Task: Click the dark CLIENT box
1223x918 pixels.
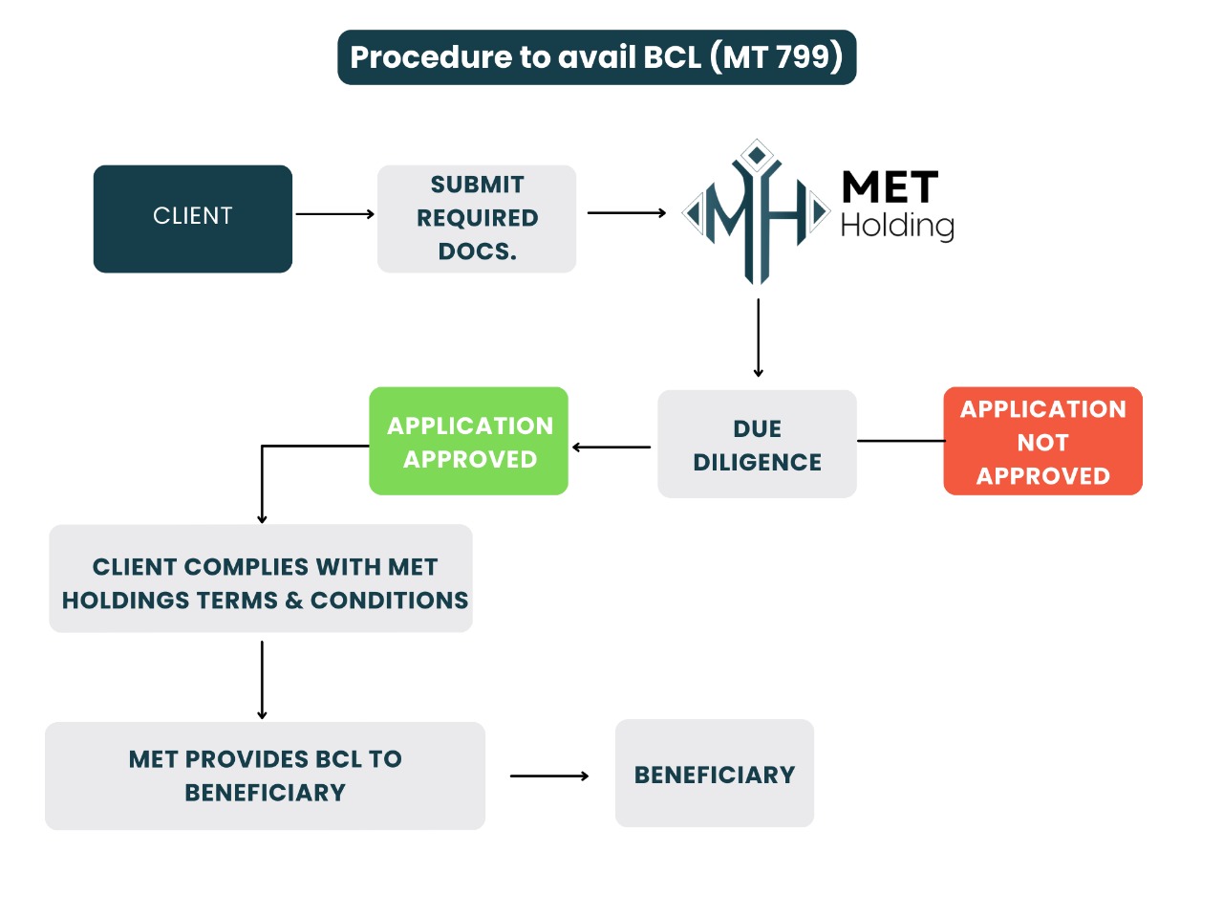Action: coord(193,219)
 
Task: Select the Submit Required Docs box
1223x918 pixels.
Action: coord(477,219)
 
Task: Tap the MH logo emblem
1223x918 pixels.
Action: coord(756,212)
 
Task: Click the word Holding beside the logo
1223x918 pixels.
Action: coord(897,227)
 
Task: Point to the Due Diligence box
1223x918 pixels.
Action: coord(757,445)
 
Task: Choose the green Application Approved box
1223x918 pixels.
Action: coord(469,442)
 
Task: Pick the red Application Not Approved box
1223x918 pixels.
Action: coord(1042,442)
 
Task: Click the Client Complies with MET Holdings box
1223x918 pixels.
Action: coord(261,579)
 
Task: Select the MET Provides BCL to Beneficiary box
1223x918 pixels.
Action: coord(265,776)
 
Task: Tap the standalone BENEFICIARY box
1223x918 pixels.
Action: coord(715,774)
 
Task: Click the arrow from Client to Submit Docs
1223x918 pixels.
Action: coord(334,214)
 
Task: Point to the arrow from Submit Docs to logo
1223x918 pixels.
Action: coord(626,213)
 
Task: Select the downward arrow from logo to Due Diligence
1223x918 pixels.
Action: coord(758,338)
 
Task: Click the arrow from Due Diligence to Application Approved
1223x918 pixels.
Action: coord(611,447)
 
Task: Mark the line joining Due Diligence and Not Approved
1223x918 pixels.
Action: coord(900,441)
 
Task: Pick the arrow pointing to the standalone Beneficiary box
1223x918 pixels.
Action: coord(549,776)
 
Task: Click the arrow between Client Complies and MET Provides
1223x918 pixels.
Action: coord(262,679)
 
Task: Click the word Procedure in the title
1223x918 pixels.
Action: coord(431,57)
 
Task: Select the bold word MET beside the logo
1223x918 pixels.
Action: coord(890,187)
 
